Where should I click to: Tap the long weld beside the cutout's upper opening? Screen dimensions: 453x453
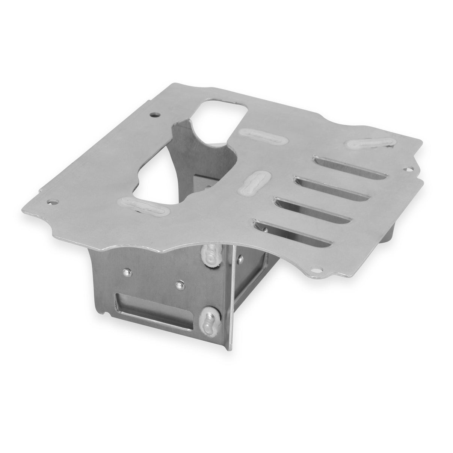click(259, 137)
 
